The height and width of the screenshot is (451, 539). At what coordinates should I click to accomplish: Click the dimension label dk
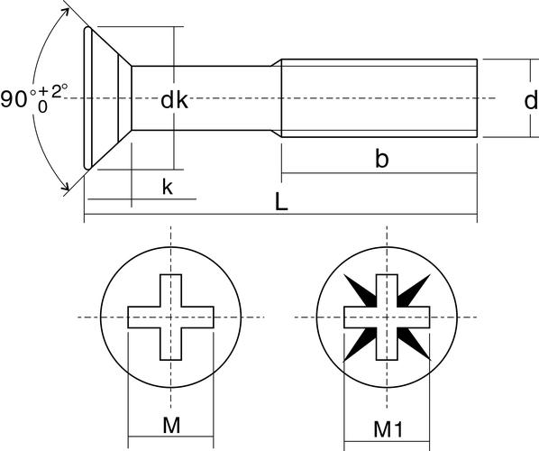pos(174,100)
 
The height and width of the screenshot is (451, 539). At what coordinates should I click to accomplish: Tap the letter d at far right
pos(532,100)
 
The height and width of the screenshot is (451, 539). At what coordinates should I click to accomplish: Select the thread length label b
pos(381,159)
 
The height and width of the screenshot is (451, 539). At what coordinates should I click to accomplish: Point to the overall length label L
pos(281,201)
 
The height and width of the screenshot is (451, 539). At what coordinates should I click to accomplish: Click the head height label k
pos(168,187)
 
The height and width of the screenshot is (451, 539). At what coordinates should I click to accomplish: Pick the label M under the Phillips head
pos(171,425)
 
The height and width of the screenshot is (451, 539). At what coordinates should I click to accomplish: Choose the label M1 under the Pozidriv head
pos(388,429)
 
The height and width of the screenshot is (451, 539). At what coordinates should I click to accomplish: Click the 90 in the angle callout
pos(14,99)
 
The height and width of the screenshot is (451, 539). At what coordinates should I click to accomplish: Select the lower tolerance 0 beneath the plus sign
pos(42,107)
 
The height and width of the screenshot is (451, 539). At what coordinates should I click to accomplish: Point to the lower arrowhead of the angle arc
pos(65,186)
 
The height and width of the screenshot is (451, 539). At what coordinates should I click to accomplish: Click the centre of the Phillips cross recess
pos(171,318)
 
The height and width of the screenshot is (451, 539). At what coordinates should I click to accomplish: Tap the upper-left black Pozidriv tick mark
pos(361,290)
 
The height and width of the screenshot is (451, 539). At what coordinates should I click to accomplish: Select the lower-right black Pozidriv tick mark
pos(414,344)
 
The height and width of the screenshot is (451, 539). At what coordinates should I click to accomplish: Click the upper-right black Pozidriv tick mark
pos(414,290)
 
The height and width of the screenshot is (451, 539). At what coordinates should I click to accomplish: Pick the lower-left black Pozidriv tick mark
pos(361,344)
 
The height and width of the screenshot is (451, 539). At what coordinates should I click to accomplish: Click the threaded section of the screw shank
pos(379,98)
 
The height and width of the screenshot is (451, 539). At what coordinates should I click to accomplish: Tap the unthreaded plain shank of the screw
pos(206,98)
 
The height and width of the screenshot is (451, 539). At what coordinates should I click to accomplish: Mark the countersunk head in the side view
pos(107,98)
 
